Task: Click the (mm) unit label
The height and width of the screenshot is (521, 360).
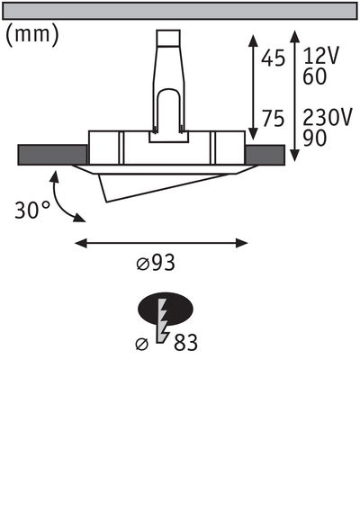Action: [32, 36]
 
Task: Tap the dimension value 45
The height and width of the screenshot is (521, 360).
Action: [274, 58]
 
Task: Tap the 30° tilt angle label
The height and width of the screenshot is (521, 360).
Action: [33, 211]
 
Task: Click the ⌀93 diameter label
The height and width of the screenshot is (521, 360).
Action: [155, 264]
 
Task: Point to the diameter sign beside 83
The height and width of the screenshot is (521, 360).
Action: [141, 343]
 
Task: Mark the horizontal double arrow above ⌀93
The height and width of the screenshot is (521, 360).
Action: [160, 242]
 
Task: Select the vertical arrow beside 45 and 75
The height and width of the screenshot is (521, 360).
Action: [254, 85]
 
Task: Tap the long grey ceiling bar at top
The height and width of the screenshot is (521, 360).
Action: [180, 11]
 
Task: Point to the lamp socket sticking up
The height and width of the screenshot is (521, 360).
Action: [170, 81]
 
